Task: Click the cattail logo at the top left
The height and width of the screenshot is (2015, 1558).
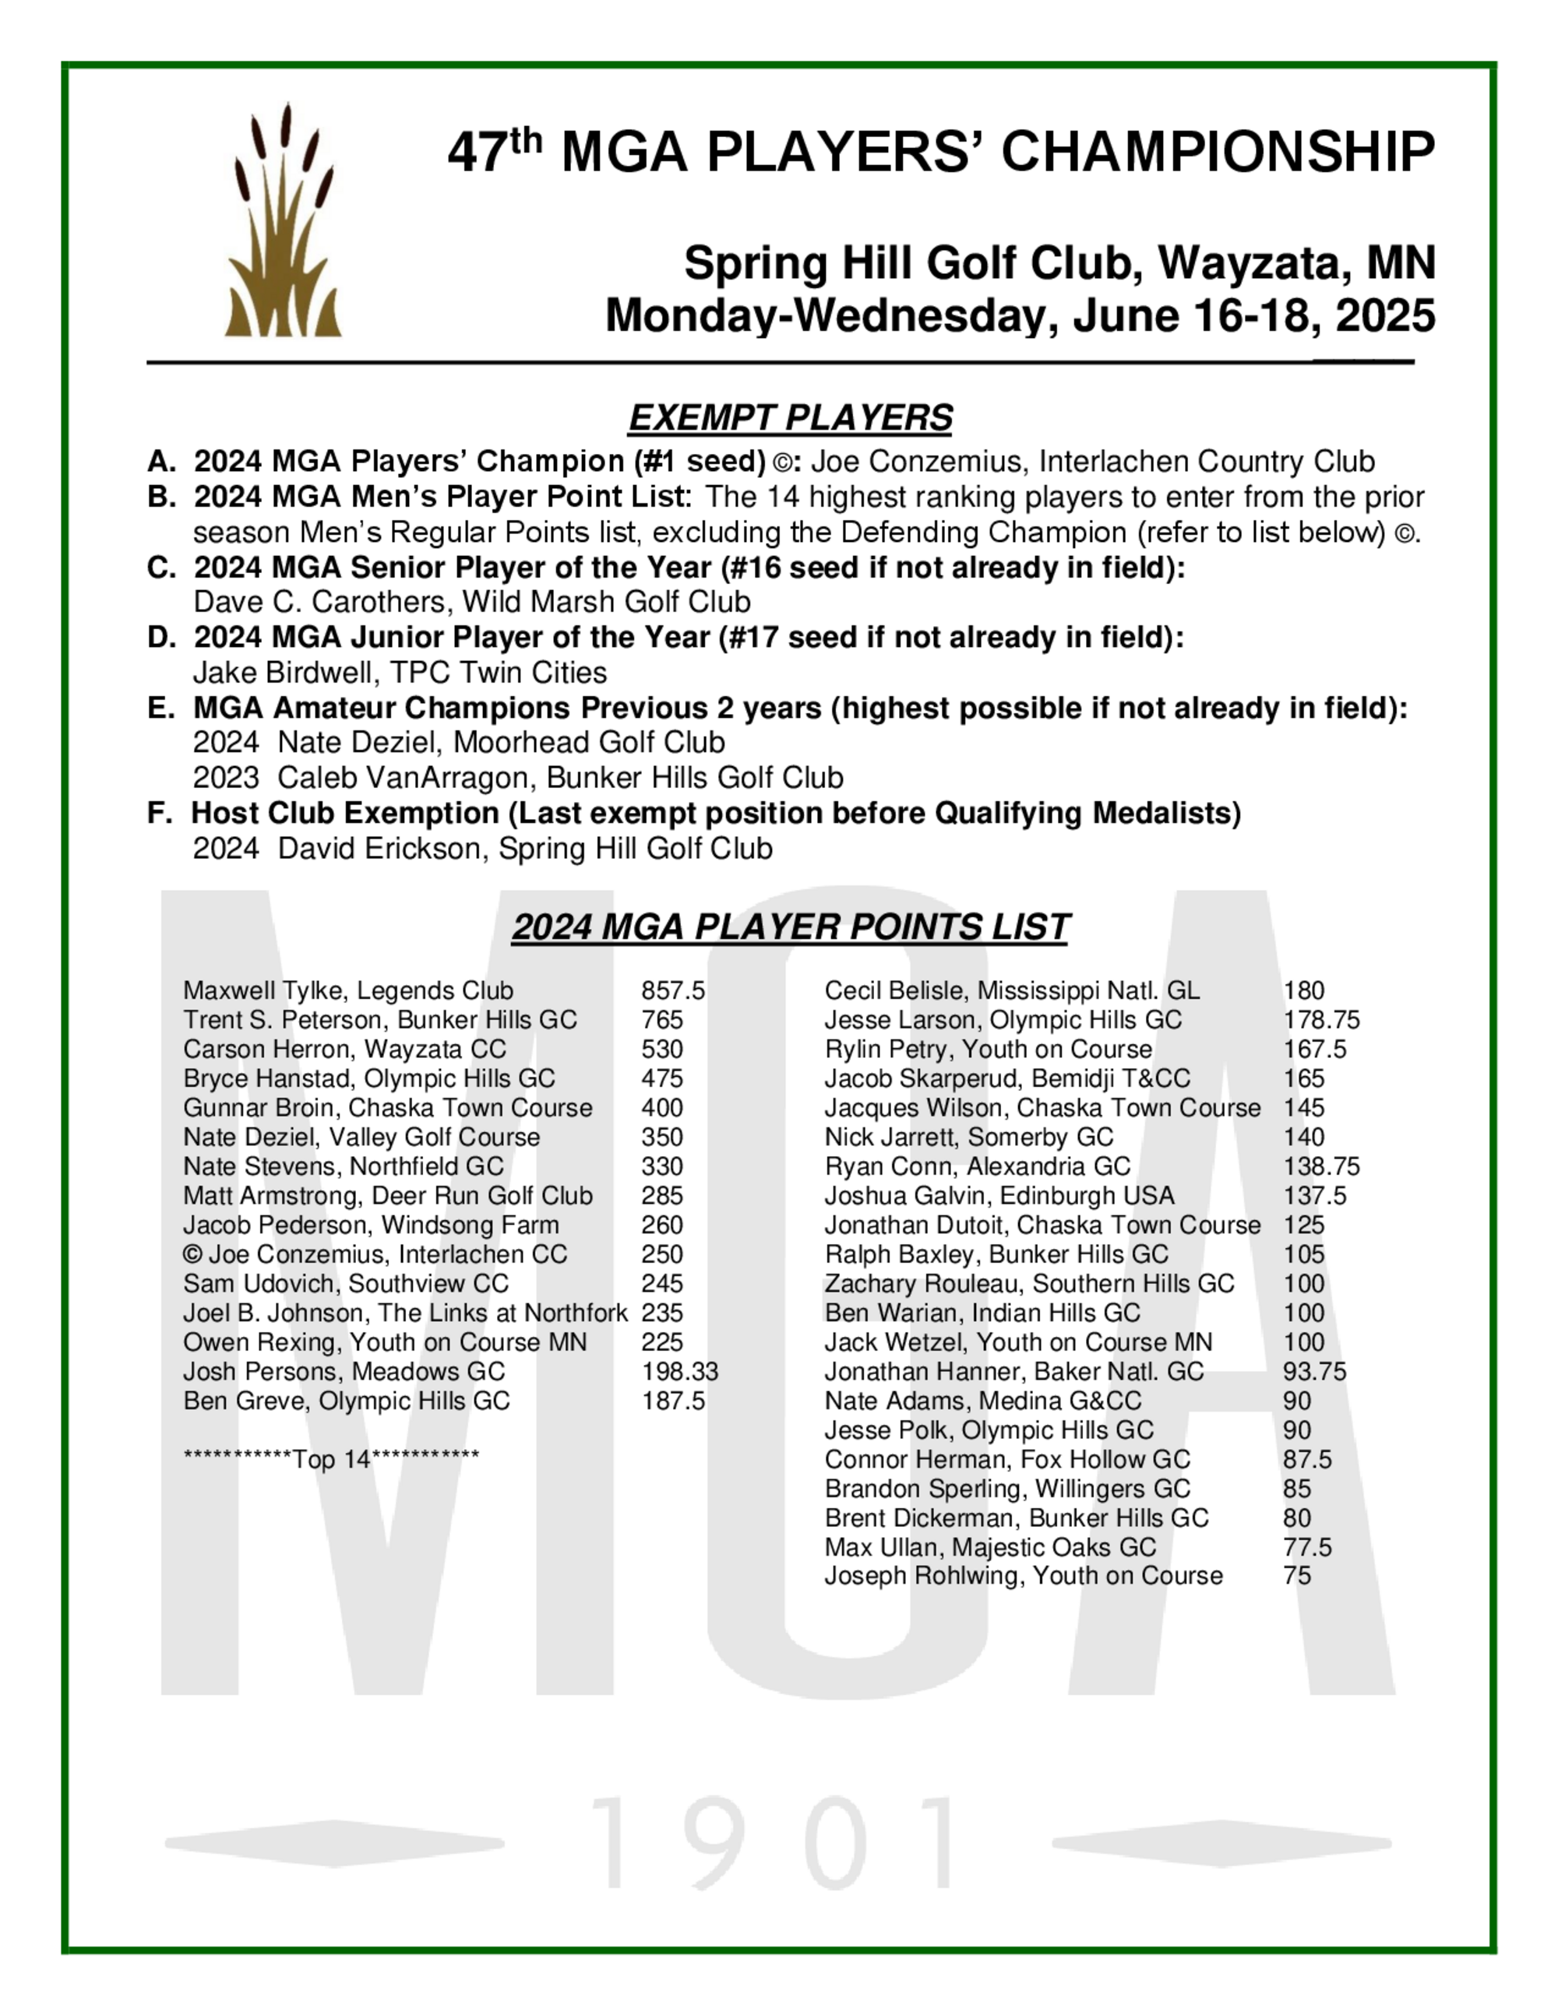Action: pyautogui.click(x=283, y=221)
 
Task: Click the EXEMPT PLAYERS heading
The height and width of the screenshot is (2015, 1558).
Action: pyautogui.click(x=789, y=418)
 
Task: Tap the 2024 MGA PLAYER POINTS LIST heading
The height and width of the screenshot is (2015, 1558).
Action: pyautogui.click(x=790, y=927)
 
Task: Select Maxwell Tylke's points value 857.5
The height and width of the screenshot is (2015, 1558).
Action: pyautogui.click(x=673, y=991)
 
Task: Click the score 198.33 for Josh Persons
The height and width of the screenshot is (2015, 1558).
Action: pyautogui.click(x=679, y=1372)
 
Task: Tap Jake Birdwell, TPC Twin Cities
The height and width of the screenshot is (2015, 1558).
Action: pyautogui.click(x=400, y=673)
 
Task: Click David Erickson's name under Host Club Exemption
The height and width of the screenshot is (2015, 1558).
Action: pyautogui.click(x=379, y=849)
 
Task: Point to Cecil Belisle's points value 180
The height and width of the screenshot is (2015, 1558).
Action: pyautogui.click(x=1303, y=991)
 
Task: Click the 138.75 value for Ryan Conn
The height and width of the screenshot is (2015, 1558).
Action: pyautogui.click(x=1320, y=1167)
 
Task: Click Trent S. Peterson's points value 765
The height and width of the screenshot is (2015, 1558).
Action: pyautogui.click(x=662, y=1021)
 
